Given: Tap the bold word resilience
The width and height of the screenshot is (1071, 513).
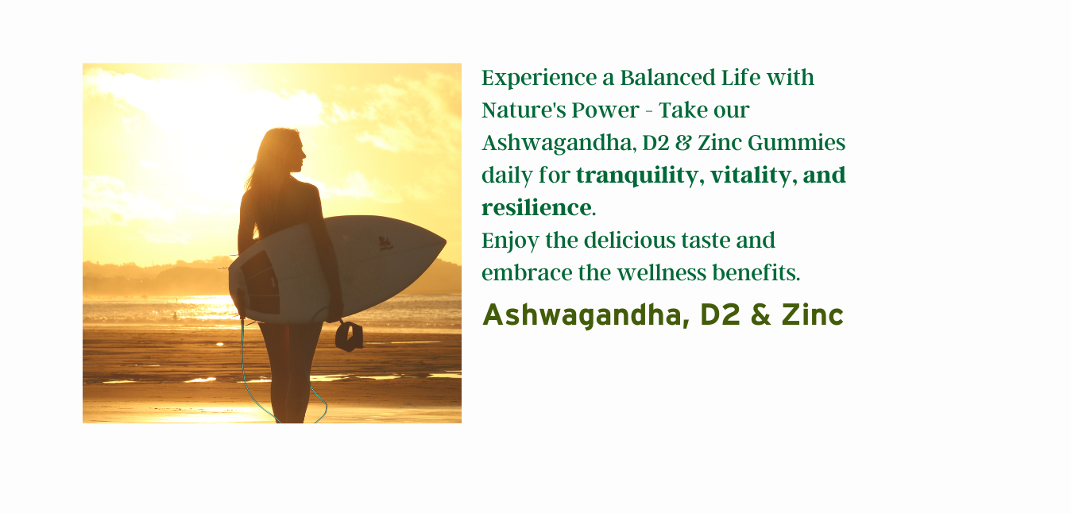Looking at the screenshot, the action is click(536, 208).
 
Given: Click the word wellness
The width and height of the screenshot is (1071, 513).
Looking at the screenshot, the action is click(661, 273).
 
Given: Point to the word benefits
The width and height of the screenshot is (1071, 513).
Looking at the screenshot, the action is click(756, 273).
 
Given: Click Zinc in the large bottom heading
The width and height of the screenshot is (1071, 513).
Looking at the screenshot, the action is click(813, 315).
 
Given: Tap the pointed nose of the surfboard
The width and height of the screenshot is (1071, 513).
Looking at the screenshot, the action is click(445, 242).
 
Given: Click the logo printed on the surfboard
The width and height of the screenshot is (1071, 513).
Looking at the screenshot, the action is click(385, 243).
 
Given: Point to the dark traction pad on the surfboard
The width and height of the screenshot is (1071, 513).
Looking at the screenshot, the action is click(261, 283).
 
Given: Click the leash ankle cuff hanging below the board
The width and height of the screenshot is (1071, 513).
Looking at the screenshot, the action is click(349, 337).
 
